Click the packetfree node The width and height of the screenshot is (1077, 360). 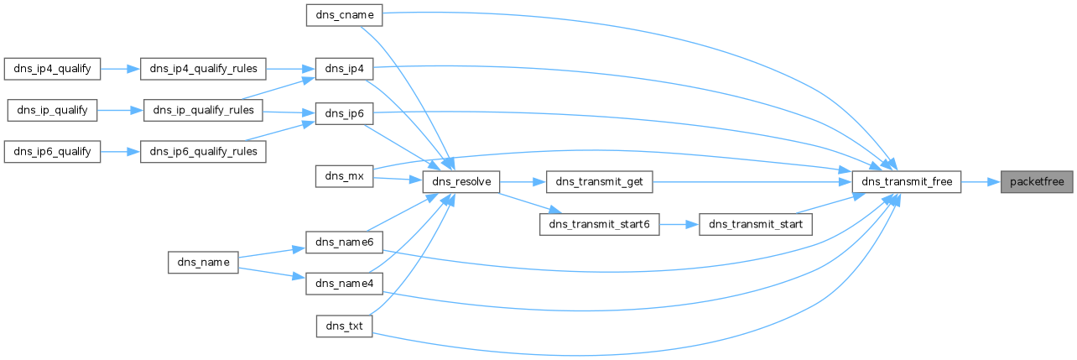pos(1036,181)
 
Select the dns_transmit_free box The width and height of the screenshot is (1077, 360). pos(906,181)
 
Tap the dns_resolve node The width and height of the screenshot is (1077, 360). pos(461,181)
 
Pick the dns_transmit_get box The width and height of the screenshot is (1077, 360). pos(598,181)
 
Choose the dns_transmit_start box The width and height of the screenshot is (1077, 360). pos(756,224)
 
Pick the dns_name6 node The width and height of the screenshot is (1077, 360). pos(344,243)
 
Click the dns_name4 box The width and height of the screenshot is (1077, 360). pos(344,284)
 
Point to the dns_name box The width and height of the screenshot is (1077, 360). pos(204,263)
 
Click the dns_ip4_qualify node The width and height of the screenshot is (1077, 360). pos(52,68)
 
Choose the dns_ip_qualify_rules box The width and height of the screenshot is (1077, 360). pos(203,110)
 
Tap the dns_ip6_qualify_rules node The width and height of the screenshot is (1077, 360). pos(204,151)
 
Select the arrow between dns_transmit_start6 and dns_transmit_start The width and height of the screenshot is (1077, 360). pos(679,224)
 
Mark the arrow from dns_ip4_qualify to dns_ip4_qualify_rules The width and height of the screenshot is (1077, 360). pos(120,68)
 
